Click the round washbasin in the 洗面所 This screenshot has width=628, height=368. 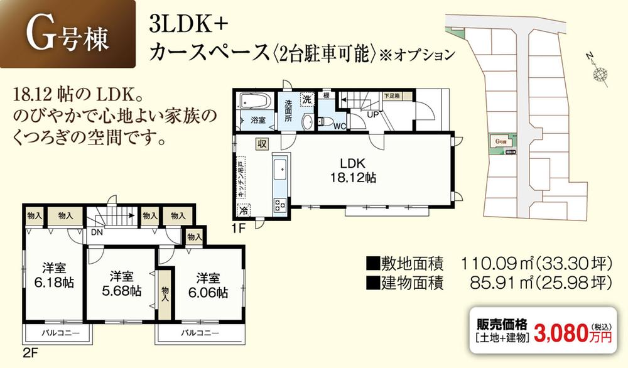(308, 121)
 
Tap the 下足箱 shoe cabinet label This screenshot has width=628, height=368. (391, 95)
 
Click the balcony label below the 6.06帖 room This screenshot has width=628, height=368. (200, 332)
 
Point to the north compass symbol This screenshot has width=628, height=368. (600, 73)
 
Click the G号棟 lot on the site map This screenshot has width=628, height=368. (501, 143)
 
